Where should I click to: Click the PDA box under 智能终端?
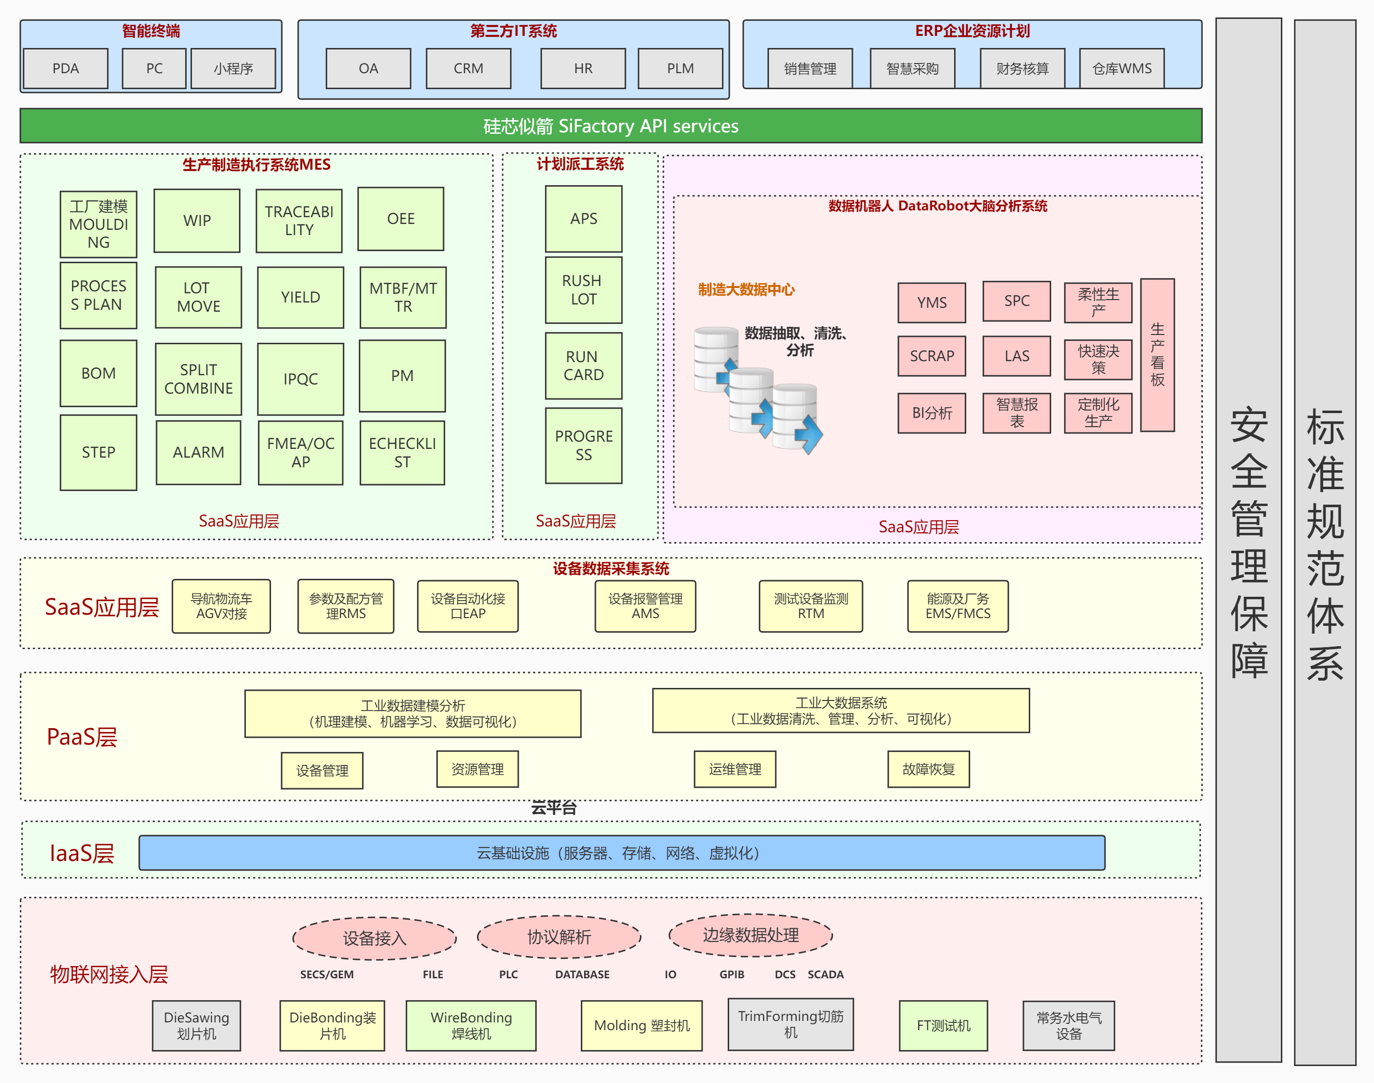65,68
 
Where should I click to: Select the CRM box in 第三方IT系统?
468,68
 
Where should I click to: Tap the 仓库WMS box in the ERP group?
1121,68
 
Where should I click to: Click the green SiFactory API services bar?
610,126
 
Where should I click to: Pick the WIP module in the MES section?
197,221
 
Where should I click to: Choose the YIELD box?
301,297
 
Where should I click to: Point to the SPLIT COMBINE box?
198,379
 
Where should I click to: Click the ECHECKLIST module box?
402,453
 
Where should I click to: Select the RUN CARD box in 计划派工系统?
583,366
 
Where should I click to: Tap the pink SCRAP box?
931,356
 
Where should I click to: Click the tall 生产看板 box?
1157,355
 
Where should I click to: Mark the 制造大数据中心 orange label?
746,290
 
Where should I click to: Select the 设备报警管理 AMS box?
645,606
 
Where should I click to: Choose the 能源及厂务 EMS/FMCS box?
958,606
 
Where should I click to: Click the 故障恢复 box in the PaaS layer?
928,769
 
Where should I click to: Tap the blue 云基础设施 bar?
622,853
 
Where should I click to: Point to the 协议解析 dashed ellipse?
559,937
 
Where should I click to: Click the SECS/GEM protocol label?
327,974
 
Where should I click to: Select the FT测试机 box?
943,1025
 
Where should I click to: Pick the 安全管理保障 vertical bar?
1248,539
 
